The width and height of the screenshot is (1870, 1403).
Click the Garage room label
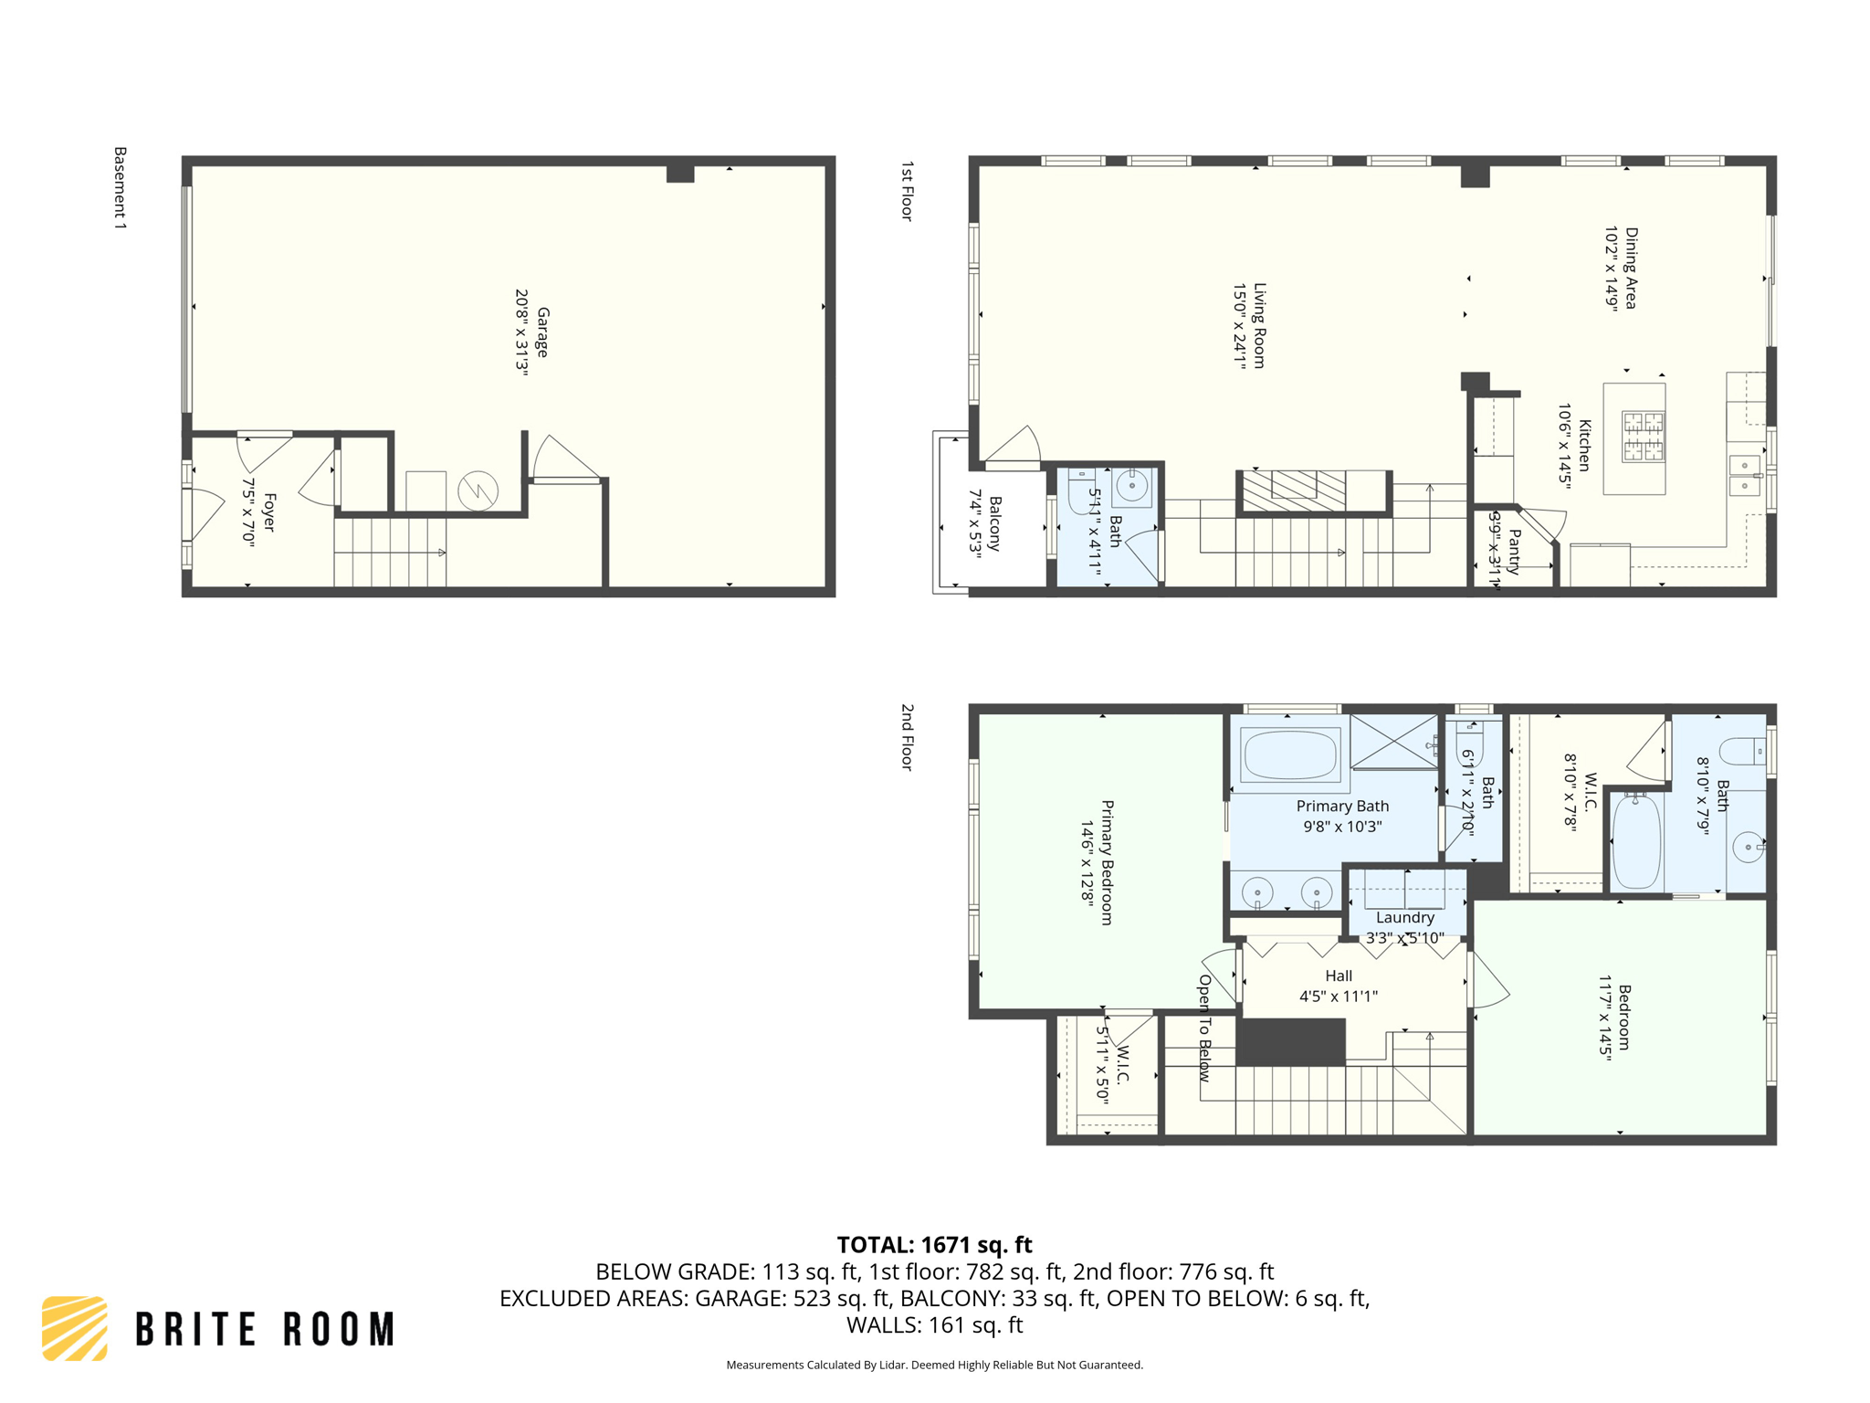tap(542, 332)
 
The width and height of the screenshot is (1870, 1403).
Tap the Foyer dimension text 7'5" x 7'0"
tap(248, 512)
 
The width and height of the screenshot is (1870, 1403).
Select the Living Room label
tap(1259, 326)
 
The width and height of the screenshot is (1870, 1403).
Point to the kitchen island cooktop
tap(1643, 436)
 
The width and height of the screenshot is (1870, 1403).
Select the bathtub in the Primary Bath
tap(1289, 754)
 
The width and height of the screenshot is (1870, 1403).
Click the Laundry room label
tap(1404, 917)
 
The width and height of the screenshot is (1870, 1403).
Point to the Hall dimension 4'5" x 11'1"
tap(1339, 997)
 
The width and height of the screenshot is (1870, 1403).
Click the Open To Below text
tap(1204, 1029)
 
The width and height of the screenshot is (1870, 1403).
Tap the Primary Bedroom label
tap(1107, 863)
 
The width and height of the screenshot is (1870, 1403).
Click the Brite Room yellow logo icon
tap(75, 1328)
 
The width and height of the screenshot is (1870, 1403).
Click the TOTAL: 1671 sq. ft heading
tap(934, 1245)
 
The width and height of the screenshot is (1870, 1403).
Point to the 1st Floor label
tap(907, 191)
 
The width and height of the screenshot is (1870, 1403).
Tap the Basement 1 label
tap(120, 187)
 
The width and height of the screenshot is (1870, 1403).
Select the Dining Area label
tap(1631, 269)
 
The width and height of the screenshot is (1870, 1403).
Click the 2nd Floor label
tap(907, 737)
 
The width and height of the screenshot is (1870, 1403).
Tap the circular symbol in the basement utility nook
tap(478, 491)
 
